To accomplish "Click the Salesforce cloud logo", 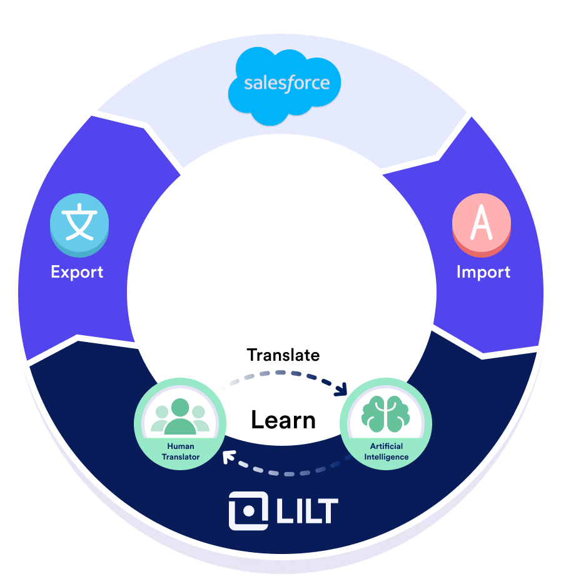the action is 284,86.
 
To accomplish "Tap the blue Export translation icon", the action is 79,225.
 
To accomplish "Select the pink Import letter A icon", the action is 482,225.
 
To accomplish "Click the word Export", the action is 77,272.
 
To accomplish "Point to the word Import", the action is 483,272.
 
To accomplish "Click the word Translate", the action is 283,355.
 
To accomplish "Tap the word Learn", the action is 283,420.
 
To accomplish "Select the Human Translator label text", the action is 181,451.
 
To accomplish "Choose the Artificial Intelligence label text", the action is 387,451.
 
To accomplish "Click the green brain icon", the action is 385,414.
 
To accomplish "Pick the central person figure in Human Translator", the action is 180,416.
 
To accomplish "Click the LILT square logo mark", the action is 248,511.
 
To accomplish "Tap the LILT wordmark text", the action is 307,511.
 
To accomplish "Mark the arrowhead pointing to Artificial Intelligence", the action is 341,389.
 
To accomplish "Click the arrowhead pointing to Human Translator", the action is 229,457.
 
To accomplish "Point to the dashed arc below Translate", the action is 283,373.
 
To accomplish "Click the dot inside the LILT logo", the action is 248,511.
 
